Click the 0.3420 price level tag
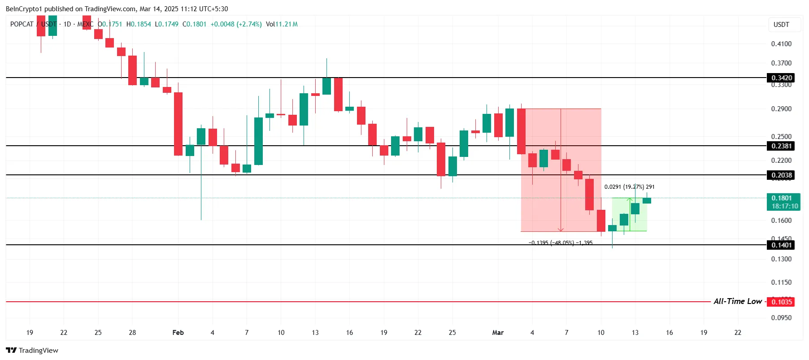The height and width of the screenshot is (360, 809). pos(781,78)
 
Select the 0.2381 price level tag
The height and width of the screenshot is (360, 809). pos(781,146)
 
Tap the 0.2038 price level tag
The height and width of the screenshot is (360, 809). pos(781,175)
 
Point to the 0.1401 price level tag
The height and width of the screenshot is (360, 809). pos(781,245)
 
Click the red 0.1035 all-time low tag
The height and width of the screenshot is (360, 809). pos(781,302)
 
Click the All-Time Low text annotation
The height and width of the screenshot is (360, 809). pos(737,301)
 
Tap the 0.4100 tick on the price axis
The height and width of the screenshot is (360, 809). pos(781,43)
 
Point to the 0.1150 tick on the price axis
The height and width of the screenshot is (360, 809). pos(781,282)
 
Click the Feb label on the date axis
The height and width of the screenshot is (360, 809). pos(178,332)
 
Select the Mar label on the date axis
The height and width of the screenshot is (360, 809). pos(498,332)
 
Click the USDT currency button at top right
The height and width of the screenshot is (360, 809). pos(781,25)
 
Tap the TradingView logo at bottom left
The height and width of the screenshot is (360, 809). pos(32,350)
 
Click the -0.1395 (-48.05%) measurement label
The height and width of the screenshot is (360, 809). pos(561,243)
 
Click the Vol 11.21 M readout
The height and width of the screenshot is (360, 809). pos(282,24)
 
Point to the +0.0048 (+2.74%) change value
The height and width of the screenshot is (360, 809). pos(236,24)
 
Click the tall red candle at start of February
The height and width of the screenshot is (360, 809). pos(178,124)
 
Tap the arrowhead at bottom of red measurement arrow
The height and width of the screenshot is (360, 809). pos(561,230)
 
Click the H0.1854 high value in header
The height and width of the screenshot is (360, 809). pos(139,24)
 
